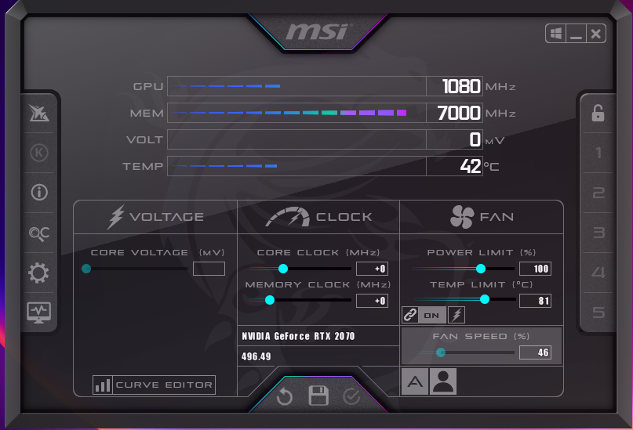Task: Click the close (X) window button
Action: coord(596,34)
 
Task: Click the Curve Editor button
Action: coord(154,385)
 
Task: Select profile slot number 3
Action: coord(598,233)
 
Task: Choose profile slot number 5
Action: coord(598,313)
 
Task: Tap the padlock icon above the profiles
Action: coord(598,114)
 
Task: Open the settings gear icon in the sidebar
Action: coord(38,273)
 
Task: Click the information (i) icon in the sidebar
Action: coord(38,192)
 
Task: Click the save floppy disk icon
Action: coord(318,396)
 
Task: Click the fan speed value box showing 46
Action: coord(535,353)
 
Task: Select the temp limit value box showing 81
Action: coord(535,301)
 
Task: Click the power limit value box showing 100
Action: coord(535,269)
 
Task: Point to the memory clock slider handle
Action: coord(270,300)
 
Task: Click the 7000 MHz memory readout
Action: coord(459,113)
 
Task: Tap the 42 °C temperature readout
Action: coord(471,166)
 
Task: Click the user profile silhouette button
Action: coord(443,381)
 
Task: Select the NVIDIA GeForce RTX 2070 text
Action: coord(298,336)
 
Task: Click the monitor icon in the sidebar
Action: coord(38,313)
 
